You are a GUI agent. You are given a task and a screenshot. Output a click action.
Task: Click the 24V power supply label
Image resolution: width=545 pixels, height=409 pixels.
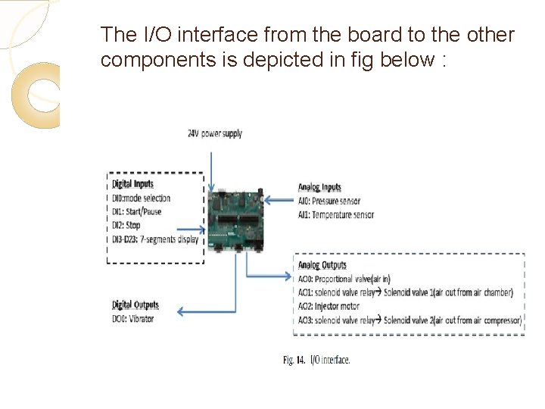pos(215,133)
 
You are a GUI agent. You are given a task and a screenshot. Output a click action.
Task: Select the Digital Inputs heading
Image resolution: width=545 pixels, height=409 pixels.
pos(132,183)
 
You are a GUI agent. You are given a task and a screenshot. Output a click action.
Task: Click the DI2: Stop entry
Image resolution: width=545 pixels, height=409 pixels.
pos(126,225)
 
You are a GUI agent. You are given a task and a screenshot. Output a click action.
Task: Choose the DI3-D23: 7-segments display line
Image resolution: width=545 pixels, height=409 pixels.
pos(154,239)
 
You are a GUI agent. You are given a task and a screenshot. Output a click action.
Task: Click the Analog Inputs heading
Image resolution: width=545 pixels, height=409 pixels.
pos(319,187)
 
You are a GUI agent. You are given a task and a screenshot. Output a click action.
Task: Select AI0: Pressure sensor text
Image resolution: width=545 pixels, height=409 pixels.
pos(329,201)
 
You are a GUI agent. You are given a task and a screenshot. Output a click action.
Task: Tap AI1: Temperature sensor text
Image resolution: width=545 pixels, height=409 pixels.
pos(335,214)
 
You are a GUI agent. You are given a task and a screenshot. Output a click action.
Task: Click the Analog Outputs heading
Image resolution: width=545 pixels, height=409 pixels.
pos(322,265)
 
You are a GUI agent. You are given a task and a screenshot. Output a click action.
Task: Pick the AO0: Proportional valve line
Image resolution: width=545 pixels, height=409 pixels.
pos(344,279)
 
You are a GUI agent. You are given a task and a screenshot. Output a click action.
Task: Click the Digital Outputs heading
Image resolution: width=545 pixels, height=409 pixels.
pos(135,304)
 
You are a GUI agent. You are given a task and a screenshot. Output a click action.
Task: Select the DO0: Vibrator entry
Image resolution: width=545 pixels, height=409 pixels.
pos(132,319)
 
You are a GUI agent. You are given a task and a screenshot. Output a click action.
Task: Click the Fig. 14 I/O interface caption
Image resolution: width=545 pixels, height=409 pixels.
pos(316,360)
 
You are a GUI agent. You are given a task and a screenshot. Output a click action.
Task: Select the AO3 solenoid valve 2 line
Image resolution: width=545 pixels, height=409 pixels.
pos(410,320)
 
